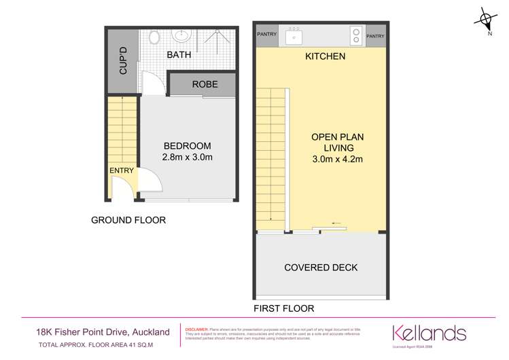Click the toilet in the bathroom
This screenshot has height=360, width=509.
tap(156, 36)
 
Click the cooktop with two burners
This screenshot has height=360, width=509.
tap(355, 34)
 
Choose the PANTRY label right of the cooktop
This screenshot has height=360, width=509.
tap(375, 36)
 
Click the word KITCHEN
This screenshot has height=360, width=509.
tap(325, 56)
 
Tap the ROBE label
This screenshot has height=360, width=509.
tap(205, 85)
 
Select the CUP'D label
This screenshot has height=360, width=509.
tap(123, 62)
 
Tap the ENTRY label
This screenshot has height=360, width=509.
tap(122, 170)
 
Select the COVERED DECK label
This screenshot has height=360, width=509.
tap(321, 268)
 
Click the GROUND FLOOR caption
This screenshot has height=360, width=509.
tap(128, 220)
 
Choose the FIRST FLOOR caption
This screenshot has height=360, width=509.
tap(283, 308)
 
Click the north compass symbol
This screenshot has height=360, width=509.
tap(487, 18)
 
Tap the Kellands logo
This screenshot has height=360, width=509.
tap(429, 334)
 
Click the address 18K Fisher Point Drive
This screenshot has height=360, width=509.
tap(102, 331)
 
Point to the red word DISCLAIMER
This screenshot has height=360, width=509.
tap(197, 328)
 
